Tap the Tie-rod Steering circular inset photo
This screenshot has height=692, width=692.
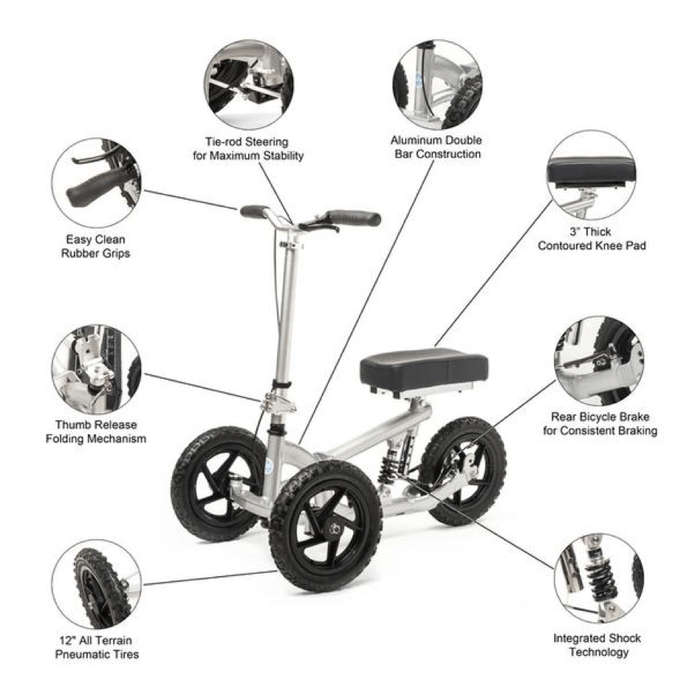point(250,83)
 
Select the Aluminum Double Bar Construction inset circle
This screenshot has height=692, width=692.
point(437,83)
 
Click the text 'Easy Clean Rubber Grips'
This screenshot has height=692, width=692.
point(95,247)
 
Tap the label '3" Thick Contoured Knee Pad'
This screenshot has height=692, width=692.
point(592,239)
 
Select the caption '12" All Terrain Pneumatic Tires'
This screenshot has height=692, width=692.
point(96,647)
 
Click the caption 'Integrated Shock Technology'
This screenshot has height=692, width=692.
point(597,645)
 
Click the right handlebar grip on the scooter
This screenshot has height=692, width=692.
point(353,218)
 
